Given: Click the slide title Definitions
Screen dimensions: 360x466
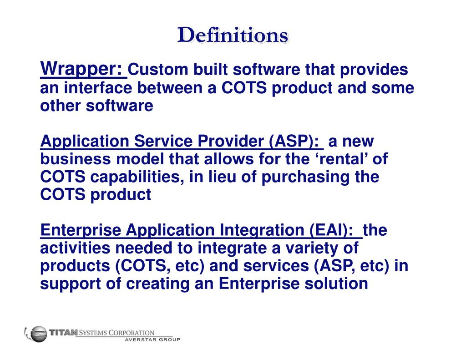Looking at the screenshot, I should pyautogui.click(x=233, y=35).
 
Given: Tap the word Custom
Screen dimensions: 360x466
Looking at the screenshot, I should pyautogui.click(x=158, y=70).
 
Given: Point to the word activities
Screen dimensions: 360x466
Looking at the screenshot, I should pyautogui.click(x=78, y=248).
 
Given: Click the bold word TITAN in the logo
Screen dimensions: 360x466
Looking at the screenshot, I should pyautogui.click(x=64, y=333).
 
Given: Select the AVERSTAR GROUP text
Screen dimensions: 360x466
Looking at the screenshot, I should pyautogui.click(x=152, y=340).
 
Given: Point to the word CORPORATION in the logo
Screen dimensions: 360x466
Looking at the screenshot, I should pyautogui.click(x=132, y=333).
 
